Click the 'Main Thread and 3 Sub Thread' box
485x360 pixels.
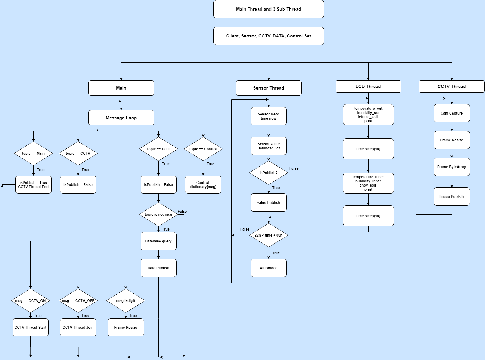click(269, 9)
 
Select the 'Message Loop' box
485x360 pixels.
click(121, 118)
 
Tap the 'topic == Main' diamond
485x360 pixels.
click(33, 154)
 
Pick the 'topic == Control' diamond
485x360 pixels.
click(203, 149)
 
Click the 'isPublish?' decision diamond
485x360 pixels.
click(269, 173)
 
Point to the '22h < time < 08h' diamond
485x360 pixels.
click(269, 235)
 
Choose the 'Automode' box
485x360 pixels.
click(269, 268)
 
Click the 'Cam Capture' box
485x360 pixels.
click(452, 113)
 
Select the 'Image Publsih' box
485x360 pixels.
click(452, 197)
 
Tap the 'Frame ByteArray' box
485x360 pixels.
click(452, 167)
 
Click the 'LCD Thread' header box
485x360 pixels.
click(368, 87)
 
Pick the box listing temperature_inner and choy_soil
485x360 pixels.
click(368, 183)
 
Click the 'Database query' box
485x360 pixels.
click(158, 241)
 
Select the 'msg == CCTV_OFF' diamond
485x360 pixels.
click(78, 301)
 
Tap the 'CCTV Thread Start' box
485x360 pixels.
click(30, 328)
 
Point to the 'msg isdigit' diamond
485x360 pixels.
click(126, 301)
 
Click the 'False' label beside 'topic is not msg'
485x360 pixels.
click(182, 212)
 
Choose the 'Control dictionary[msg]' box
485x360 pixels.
click(203, 185)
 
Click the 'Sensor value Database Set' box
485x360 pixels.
click(269, 146)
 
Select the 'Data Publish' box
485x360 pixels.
click(158, 268)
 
